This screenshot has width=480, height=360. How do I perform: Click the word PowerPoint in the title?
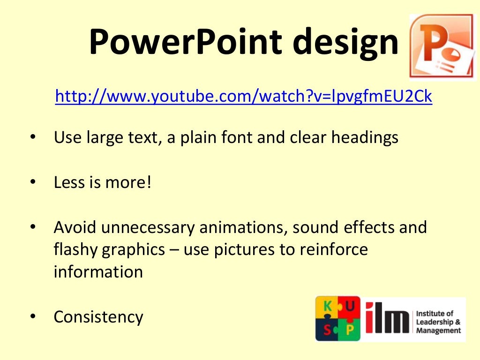[185, 41]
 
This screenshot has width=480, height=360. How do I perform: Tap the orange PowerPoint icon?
[442, 47]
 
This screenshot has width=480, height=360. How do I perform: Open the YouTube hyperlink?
[243, 96]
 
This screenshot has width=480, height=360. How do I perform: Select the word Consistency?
[98, 317]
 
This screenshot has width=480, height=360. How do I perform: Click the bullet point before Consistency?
[33, 317]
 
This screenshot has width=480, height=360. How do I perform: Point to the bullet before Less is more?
[33, 182]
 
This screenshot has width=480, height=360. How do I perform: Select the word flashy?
[75, 250]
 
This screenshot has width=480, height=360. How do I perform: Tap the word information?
[98, 272]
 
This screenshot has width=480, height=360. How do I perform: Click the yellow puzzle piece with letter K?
[326, 307]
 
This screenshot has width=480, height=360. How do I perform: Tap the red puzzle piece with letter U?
[350, 307]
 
